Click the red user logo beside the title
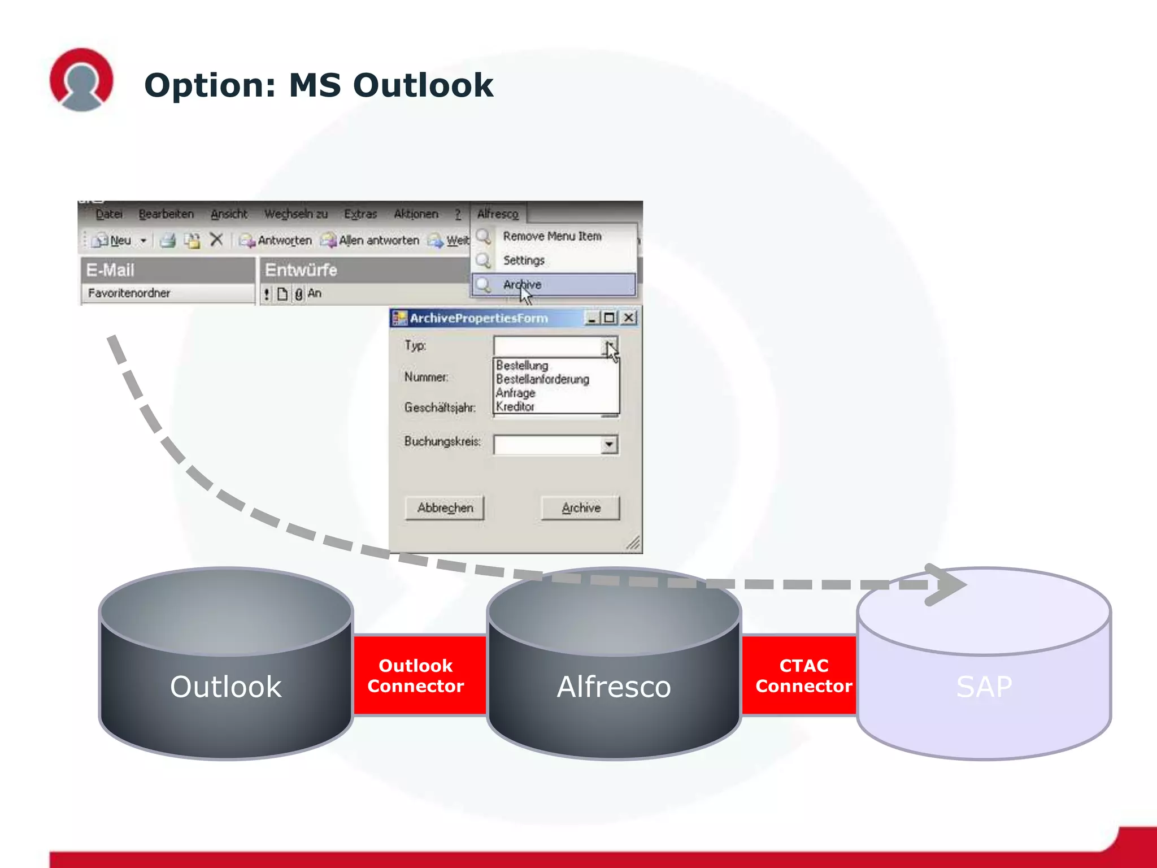click(81, 80)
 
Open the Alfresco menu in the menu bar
click(497, 214)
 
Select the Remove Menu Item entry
click(552, 236)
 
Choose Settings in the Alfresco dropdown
click(524, 261)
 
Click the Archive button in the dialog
click(580, 508)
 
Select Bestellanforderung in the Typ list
click(542, 379)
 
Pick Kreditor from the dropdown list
click(515, 407)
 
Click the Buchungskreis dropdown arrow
click(609, 445)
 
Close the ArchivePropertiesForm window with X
click(628, 318)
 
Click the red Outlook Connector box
click(416, 675)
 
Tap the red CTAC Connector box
click(803, 675)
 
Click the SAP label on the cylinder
click(984, 687)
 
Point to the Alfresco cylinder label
click(614, 687)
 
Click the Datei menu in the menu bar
click(108, 214)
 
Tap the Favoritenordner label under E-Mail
click(129, 293)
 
